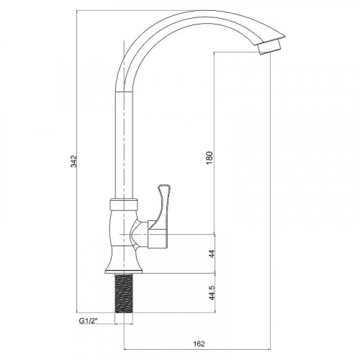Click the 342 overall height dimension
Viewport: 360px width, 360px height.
pos(73,161)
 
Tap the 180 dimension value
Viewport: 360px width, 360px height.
pos(210,158)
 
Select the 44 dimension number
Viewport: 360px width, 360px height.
pos(212,253)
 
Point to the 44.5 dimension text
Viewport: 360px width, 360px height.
pos(212,292)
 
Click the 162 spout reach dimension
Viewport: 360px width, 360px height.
pos(199,343)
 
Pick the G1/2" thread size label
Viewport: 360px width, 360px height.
pos(89,320)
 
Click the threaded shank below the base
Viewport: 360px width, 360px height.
pos(124,294)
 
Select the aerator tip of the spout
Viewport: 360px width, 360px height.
pos(269,46)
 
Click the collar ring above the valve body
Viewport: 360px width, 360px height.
pos(124,204)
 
